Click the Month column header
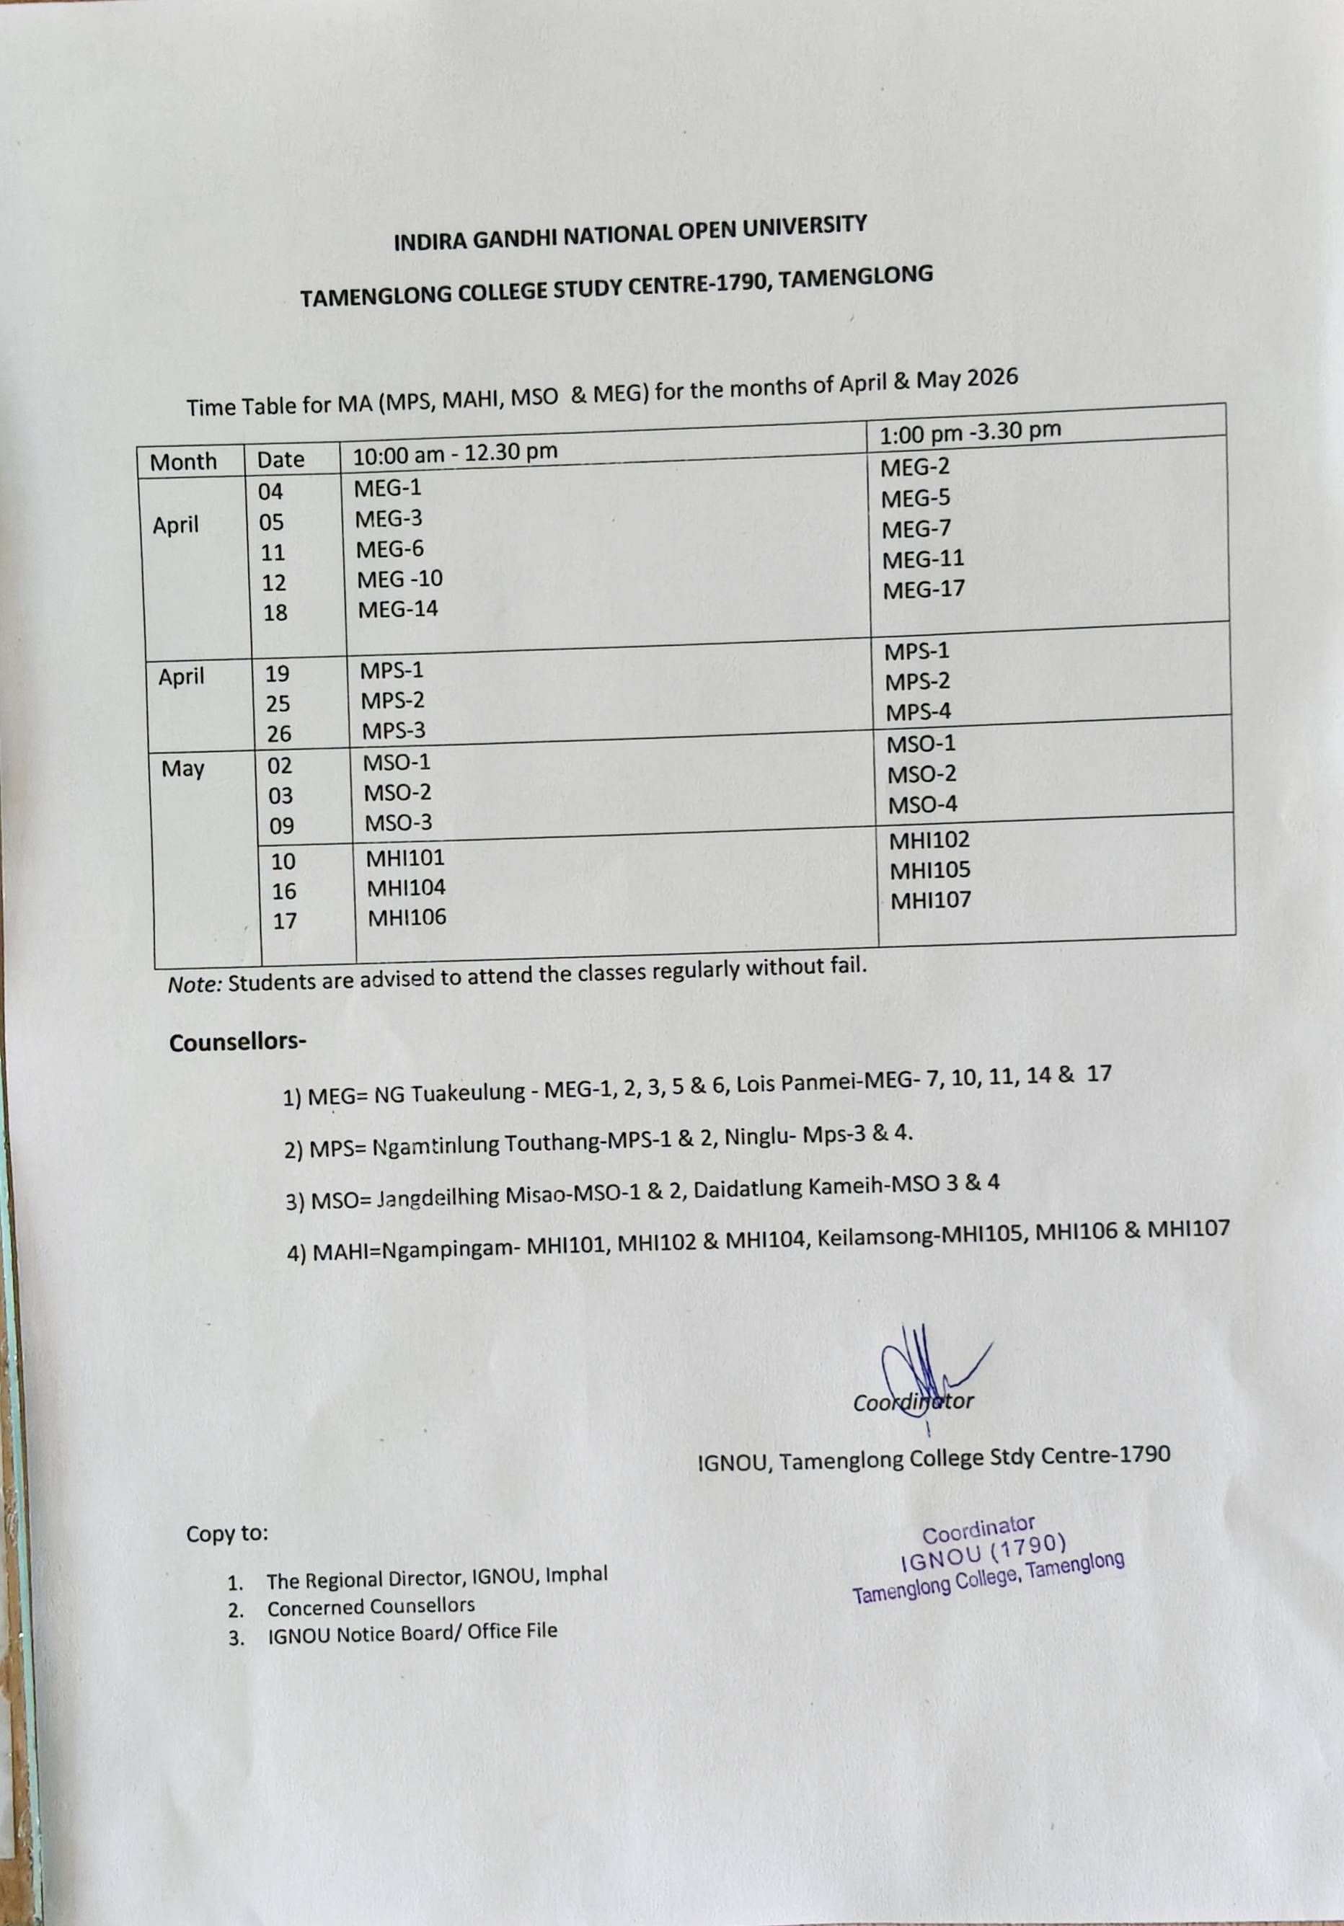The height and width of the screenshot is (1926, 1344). point(183,461)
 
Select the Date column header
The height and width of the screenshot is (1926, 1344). point(280,460)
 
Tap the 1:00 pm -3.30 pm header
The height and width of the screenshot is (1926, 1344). point(970,431)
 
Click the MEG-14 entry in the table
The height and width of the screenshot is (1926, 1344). point(398,609)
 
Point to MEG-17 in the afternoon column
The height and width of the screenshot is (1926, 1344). point(923,590)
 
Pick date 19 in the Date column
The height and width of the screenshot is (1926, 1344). point(277,674)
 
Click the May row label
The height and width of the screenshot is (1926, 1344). point(183,768)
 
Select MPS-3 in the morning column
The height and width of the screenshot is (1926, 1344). point(394,731)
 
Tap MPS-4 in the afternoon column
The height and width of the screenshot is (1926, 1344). point(918,712)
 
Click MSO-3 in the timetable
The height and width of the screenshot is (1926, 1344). point(398,823)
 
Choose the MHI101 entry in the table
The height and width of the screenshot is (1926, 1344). point(405,858)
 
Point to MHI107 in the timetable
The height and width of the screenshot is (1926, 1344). point(929,901)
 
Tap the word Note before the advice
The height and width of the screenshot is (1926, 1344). point(195,985)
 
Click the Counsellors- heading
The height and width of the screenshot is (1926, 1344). point(237,1043)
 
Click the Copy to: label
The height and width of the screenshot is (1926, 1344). point(227,1533)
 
